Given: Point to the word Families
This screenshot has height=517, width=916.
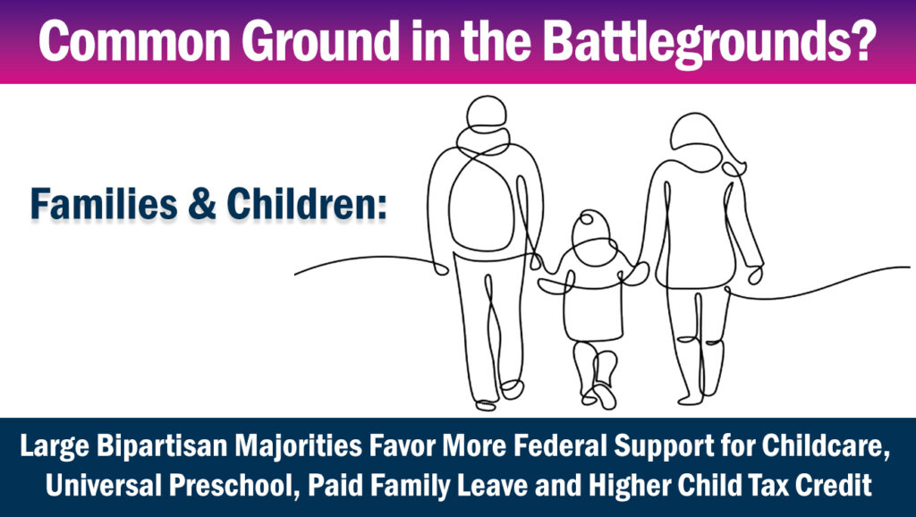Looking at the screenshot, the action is [x=104, y=204].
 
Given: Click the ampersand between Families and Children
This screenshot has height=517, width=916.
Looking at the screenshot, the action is [x=202, y=205].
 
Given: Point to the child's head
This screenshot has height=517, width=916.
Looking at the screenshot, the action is [x=591, y=229].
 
